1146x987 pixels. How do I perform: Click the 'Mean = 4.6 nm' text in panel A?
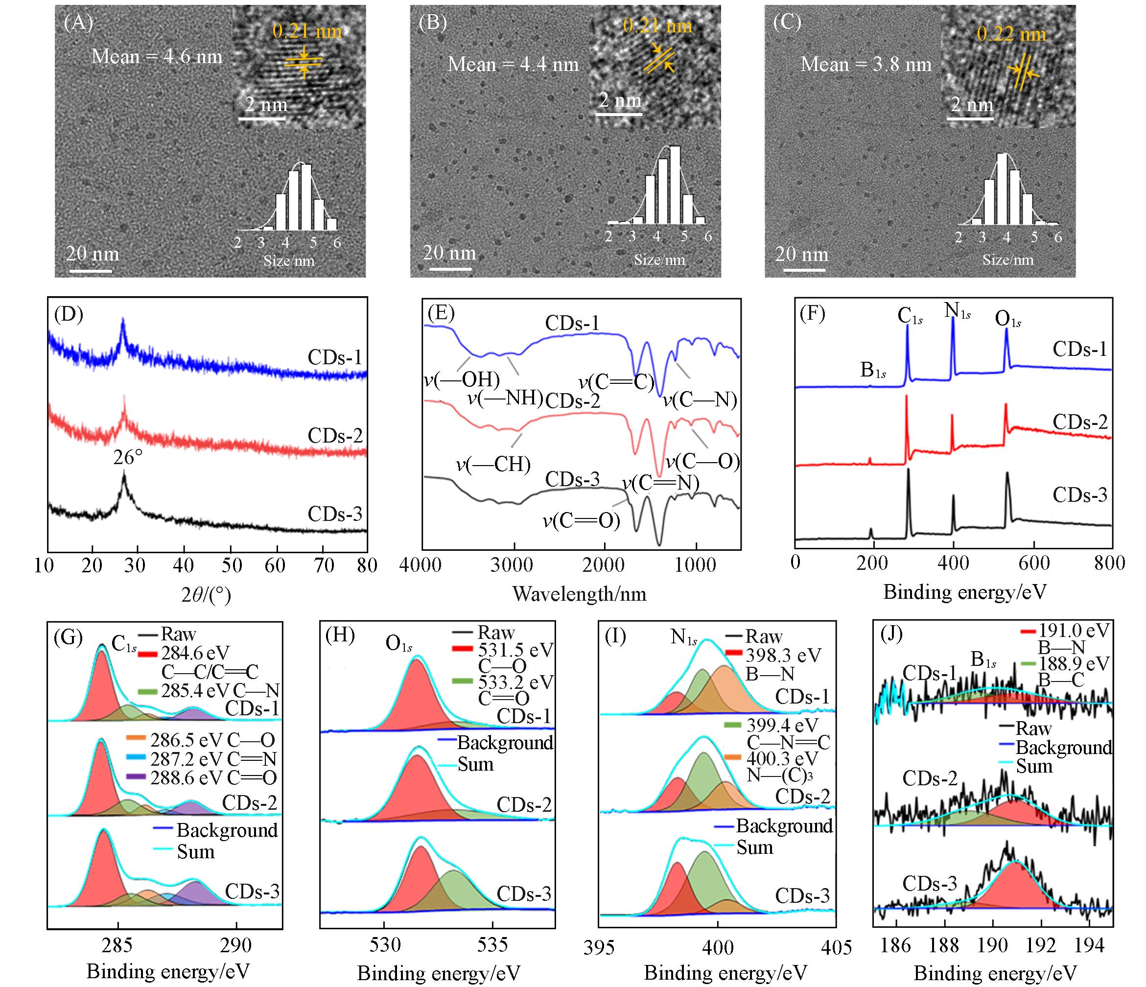pyautogui.click(x=157, y=56)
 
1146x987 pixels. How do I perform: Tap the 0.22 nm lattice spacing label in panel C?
pyautogui.click(x=1011, y=34)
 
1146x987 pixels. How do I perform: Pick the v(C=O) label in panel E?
pyautogui.click(x=581, y=520)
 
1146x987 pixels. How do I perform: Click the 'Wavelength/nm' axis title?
pyautogui.click(x=579, y=594)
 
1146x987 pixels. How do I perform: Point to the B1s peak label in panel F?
pyautogui.click(x=873, y=370)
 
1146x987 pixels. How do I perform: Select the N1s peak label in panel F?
pyautogui.click(x=958, y=310)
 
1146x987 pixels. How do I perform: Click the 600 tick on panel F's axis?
pyautogui.click(x=1033, y=563)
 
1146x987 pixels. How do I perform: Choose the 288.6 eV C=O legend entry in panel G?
pyautogui.click(x=213, y=778)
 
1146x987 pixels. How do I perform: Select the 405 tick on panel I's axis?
pyautogui.click(x=836, y=948)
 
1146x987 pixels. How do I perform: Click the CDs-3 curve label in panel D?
pyautogui.click(x=335, y=514)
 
